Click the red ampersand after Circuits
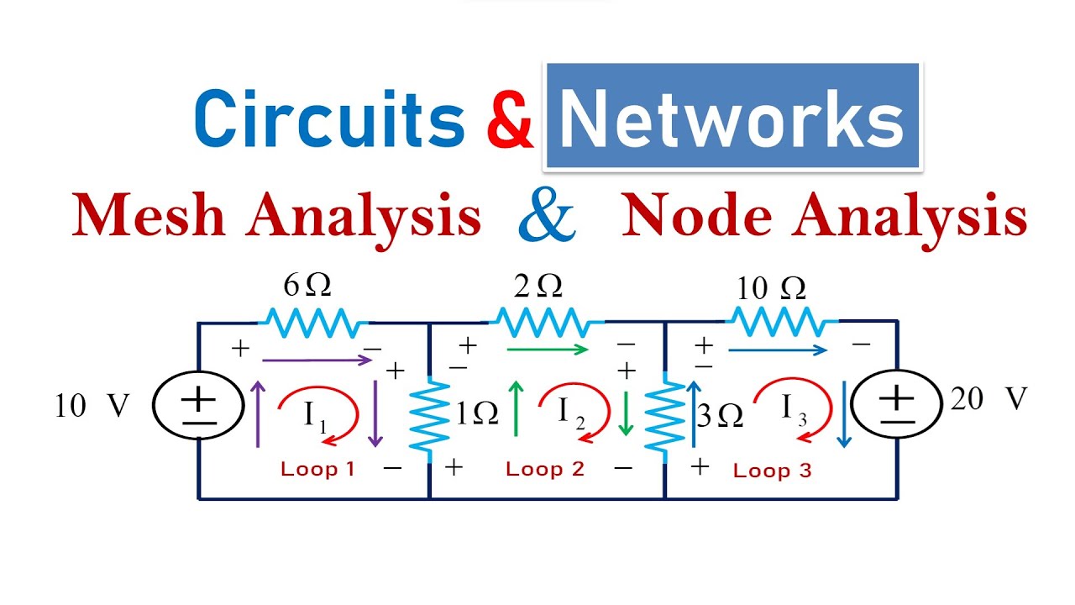tap(510, 119)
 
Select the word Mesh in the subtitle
tap(149, 215)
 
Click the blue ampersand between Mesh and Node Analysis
tap(547, 215)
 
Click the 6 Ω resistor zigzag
tap(312, 322)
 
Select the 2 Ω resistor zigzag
tap(548, 322)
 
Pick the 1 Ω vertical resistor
tap(430, 418)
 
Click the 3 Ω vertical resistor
tap(665, 418)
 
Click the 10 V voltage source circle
tap(198, 405)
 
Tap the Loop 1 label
tap(317, 469)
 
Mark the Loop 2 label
tap(544, 469)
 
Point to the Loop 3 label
tap(772, 471)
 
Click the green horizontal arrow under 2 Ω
tap(547, 350)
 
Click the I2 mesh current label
tap(572, 410)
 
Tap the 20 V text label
tap(988, 400)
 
